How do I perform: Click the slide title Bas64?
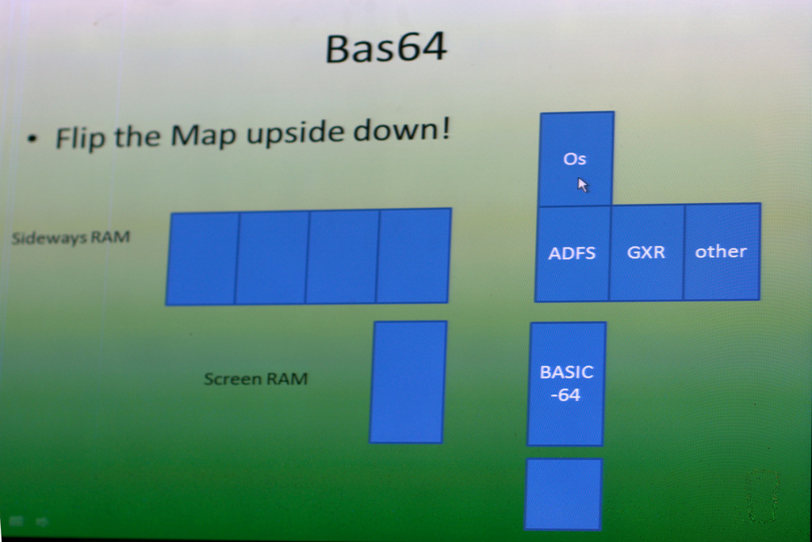(386, 48)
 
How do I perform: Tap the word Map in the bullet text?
(203, 135)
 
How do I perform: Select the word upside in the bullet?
(293, 133)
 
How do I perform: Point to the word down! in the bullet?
(402, 129)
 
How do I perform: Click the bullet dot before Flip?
(33, 139)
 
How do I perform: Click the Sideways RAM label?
(71, 238)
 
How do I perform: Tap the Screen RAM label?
(256, 379)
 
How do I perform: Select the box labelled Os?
(576, 159)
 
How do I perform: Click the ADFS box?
(573, 253)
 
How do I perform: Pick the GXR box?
(647, 252)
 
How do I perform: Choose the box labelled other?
(722, 252)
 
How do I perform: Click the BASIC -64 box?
(566, 383)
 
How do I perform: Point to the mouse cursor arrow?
(583, 185)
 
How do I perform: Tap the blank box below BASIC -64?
(563, 494)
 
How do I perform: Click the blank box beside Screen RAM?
(408, 382)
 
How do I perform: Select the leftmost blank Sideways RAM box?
(202, 259)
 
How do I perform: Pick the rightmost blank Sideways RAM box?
(413, 256)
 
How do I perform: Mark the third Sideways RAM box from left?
(343, 256)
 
